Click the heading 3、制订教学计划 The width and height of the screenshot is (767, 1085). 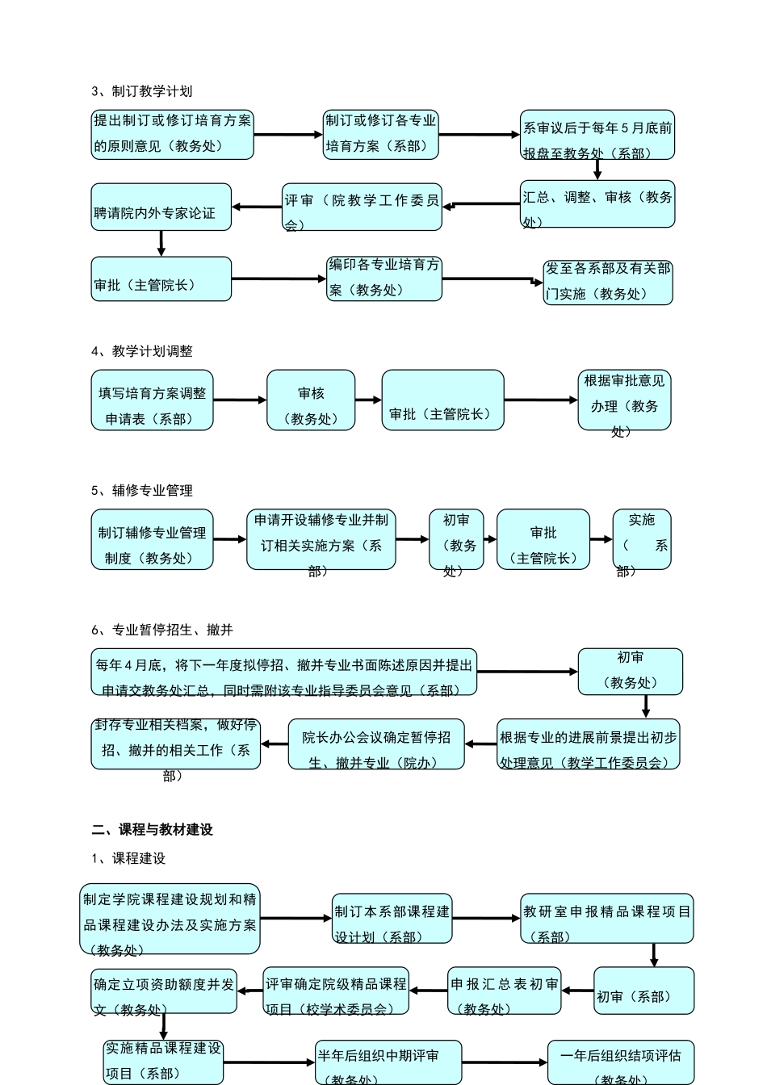pyautogui.click(x=142, y=91)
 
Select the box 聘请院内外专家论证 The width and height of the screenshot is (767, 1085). pyautogui.click(x=161, y=207)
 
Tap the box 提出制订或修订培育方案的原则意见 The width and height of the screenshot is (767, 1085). pyautogui.click(x=173, y=134)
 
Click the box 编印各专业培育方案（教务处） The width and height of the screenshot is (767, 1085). pyautogui.click(x=384, y=279)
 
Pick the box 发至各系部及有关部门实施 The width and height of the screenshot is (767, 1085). pyautogui.click(x=608, y=282)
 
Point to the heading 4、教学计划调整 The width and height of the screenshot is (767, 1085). pyautogui.click(x=142, y=351)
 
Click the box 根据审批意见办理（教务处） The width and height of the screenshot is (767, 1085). pyautogui.click(x=624, y=400)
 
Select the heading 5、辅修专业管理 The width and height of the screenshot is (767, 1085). pyautogui.click(x=142, y=490)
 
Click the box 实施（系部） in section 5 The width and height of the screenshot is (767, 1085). pyautogui.click(x=642, y=539)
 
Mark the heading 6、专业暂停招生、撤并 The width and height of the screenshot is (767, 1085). pyautogui.click(x=162, y=630)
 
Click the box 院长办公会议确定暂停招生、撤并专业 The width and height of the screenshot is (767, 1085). pyautogui.click(x=376, y=744)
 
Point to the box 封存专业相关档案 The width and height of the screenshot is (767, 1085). pyautogui.click(x=176, y=744)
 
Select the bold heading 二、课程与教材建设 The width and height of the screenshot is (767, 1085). pyautogui.click(x=153, y=830)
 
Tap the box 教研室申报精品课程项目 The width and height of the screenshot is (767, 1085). pyautogui.click(x=607, y=919)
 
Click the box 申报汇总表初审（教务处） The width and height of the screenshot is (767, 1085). pyautogui.click(x=505, y=991)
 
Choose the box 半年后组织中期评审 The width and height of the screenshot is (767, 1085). pyautogui.click(x=388, y=1062)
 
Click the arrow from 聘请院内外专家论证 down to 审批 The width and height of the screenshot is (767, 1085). pyautogui.click(x=161, y=244)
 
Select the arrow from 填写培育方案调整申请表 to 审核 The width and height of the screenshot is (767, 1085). pyautogui.click(x=240, y=400)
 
